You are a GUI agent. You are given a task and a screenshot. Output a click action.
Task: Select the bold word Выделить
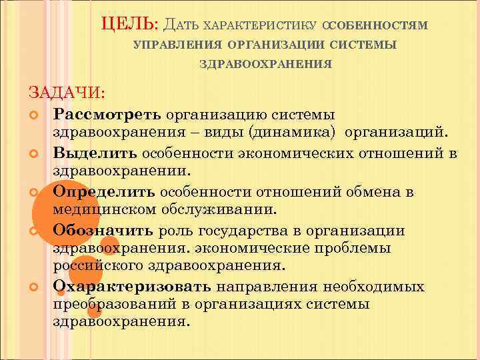(x=93, y=153)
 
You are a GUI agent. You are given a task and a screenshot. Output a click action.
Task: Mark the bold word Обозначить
(x=104, y=231)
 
